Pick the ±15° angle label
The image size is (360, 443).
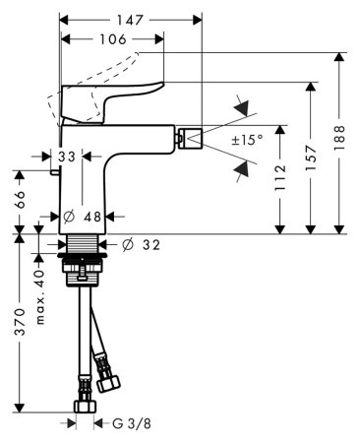(x=247, y=141)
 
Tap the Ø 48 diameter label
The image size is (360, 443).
(x=84, y=217)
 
